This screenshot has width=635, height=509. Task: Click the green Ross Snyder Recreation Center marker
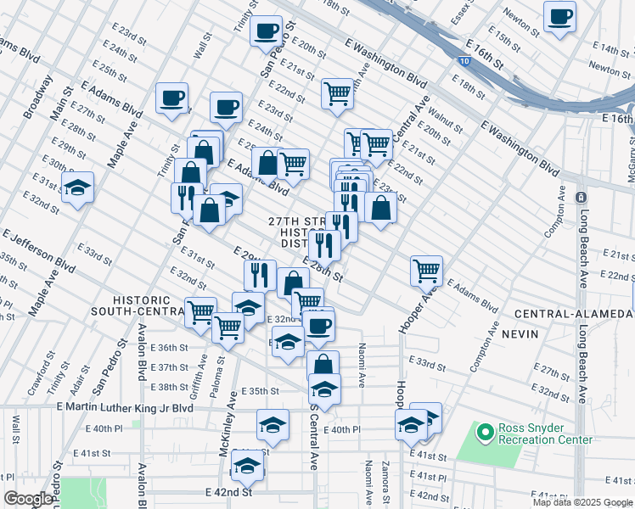(485, 433)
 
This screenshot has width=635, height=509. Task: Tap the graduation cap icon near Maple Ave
(77, 187)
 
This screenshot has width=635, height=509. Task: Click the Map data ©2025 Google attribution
(582, 502)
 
